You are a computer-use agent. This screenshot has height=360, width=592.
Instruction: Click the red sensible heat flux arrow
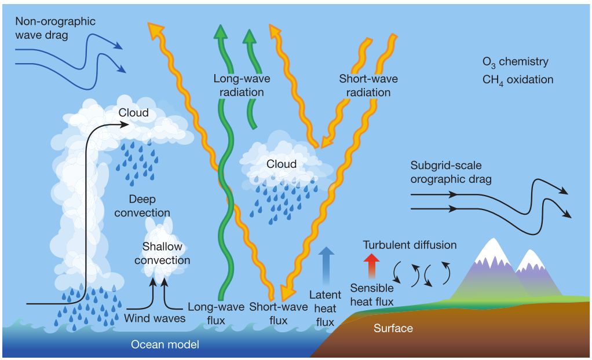coord(371,266)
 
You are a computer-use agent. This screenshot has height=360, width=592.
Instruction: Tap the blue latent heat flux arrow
coord(326,266)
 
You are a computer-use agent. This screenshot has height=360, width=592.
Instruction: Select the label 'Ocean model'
coord(165,344)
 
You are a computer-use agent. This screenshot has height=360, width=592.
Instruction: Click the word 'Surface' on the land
coord(393,328)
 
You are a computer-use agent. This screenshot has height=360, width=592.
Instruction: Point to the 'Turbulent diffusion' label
coord(410,245)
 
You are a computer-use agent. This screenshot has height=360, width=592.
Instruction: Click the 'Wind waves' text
coord(155,318)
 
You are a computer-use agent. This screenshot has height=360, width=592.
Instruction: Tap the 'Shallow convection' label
coord(162,253)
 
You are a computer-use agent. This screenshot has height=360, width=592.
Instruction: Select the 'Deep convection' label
coord(142,205)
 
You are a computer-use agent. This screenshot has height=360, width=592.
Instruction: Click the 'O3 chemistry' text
coord(516,63)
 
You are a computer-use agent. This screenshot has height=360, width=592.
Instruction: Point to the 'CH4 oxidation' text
coord(518,80)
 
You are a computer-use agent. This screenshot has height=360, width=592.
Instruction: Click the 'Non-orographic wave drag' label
coord(55,28)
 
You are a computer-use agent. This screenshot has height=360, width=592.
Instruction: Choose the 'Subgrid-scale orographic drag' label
coord(451,172)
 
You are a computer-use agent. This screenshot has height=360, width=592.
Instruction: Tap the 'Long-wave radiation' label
coord(242,85)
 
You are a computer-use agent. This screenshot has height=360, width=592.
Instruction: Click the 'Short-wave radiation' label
coord(368,85)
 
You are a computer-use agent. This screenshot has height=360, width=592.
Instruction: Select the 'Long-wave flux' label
coord(216,314)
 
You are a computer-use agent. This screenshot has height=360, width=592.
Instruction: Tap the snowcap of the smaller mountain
coord(531,261)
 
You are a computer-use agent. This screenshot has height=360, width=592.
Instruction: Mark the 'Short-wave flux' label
coord(278,314)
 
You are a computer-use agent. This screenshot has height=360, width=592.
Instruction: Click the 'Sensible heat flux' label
coord(372,295)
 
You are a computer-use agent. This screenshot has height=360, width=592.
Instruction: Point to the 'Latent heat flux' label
coord(325,308)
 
